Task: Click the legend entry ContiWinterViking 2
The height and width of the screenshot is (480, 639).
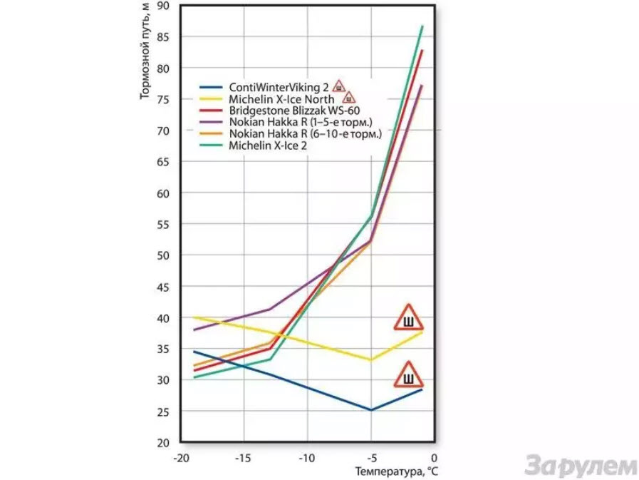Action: point(279,87)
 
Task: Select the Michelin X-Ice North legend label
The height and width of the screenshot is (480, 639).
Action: point(281,99)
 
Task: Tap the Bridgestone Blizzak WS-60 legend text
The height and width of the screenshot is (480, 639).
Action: point(294,111)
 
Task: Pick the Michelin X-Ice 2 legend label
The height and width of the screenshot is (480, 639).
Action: point(268,145)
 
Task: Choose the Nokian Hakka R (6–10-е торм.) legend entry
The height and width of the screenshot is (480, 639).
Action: point(305,134)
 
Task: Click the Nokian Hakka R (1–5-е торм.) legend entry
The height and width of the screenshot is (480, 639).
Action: point(301,122)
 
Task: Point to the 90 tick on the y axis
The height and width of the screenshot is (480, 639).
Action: point(163,6)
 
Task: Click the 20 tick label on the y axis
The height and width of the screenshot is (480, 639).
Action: point(163,443)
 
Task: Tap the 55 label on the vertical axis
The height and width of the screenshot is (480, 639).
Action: point(163,224)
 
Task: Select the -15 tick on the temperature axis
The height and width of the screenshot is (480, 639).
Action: point(243,459)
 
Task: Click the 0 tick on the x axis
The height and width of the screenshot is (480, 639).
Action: point(434,459)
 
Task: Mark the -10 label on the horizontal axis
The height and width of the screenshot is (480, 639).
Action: point(306,459)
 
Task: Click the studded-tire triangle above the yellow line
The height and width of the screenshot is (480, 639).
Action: point(408,317)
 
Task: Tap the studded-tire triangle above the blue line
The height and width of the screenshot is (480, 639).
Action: point(408,374)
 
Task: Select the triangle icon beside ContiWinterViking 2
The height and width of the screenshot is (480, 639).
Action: point(338,86)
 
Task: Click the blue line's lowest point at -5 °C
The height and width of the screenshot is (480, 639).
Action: point(371,410)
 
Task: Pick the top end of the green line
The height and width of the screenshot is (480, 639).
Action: point(422,26)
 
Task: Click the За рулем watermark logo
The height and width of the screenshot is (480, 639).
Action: point(581,465)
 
